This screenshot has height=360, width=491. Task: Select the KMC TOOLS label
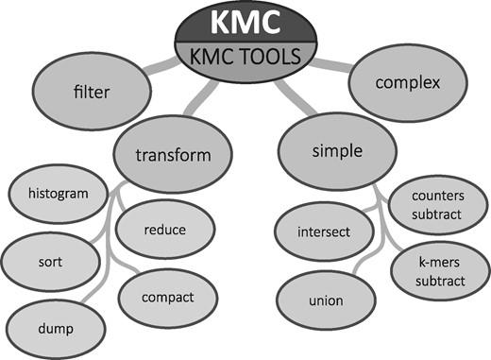click(245, 57)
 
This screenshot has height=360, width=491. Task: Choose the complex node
click(407, 83)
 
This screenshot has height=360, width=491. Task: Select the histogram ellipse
click(59, 195)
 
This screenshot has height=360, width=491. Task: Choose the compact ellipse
click(168, 298)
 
